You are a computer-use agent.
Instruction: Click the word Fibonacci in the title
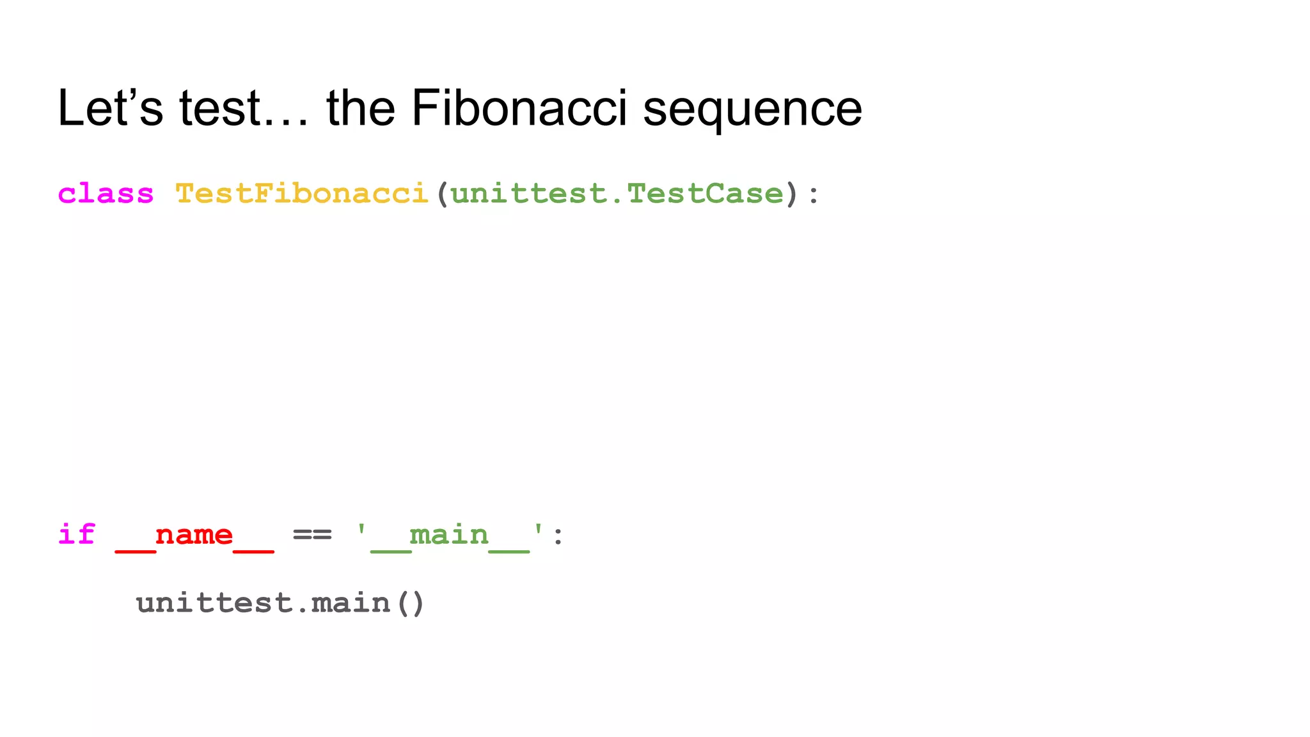click(519, 108)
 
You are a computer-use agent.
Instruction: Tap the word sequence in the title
click(752, 110)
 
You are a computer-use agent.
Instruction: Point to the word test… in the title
click(243, 108)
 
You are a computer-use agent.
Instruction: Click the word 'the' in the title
click(361, 108)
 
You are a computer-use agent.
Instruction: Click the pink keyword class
click(106, 193)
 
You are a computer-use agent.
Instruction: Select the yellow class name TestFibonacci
click(301, 193)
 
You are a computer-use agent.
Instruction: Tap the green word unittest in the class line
click(528, 193)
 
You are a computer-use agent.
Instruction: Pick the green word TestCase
click(705, 193)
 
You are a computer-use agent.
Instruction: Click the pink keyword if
click(77, 534)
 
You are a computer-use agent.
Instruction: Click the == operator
click(312, 534)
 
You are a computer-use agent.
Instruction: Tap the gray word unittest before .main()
click(214, 603)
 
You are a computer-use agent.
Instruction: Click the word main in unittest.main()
click(351, 603)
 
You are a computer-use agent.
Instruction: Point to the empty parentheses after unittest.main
click(410, 604)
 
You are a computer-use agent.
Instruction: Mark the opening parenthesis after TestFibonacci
click(441, 194)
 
